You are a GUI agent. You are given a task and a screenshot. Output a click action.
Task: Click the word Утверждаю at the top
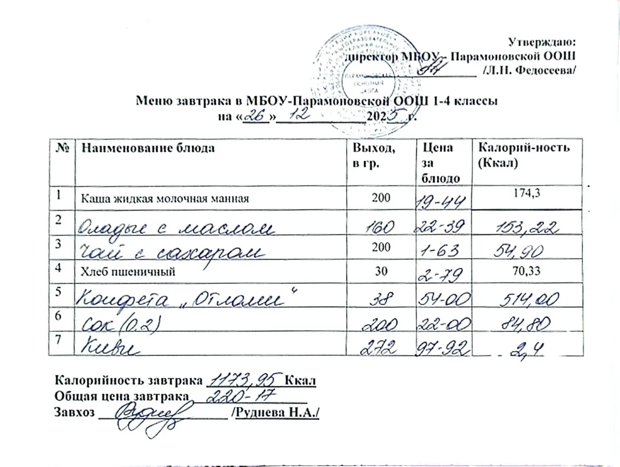click(541, 42)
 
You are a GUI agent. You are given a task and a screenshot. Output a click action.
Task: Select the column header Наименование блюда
click(148, 148)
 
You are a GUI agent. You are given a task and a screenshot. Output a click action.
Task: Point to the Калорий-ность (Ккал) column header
click(524, 155)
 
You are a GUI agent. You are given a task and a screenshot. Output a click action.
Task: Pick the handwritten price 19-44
click(441, 202)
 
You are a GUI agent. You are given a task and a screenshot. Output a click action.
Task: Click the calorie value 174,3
click(527, 193)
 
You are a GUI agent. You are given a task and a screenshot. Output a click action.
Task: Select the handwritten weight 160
click(380, 227)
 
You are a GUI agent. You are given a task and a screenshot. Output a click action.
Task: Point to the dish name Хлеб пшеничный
click(128, 272)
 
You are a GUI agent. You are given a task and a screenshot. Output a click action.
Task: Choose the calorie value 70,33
click(526, 271)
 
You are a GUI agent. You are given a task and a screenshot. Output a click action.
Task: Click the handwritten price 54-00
click(444, 299)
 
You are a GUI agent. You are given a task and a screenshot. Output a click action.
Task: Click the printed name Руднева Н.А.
click(276, 412)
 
